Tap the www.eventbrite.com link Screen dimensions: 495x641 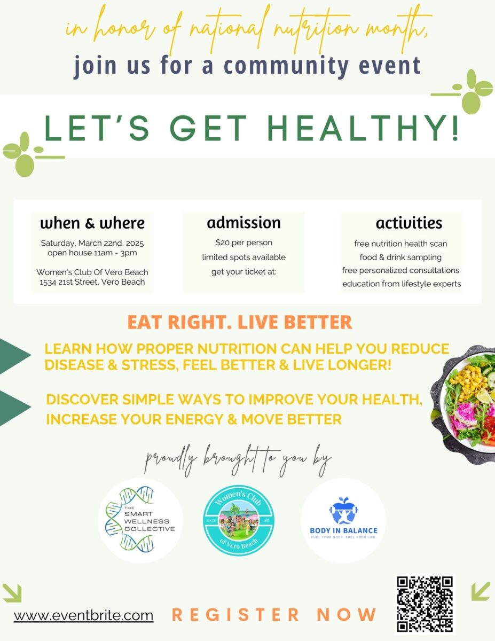83,616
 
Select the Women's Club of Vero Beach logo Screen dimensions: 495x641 239,520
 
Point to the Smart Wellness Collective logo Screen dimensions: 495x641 140,520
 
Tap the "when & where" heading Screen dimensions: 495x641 92,223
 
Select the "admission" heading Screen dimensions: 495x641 244,223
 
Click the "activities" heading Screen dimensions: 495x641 409,223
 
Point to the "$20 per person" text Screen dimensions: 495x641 244,243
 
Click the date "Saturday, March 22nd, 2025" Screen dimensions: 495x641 92,244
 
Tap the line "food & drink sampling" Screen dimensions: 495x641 400,257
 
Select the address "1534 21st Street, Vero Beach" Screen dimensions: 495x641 92,282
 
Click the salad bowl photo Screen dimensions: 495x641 463,404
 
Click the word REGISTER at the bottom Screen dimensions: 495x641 235,614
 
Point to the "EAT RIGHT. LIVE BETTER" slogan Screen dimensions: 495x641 240,322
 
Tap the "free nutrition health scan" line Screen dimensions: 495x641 400,244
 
